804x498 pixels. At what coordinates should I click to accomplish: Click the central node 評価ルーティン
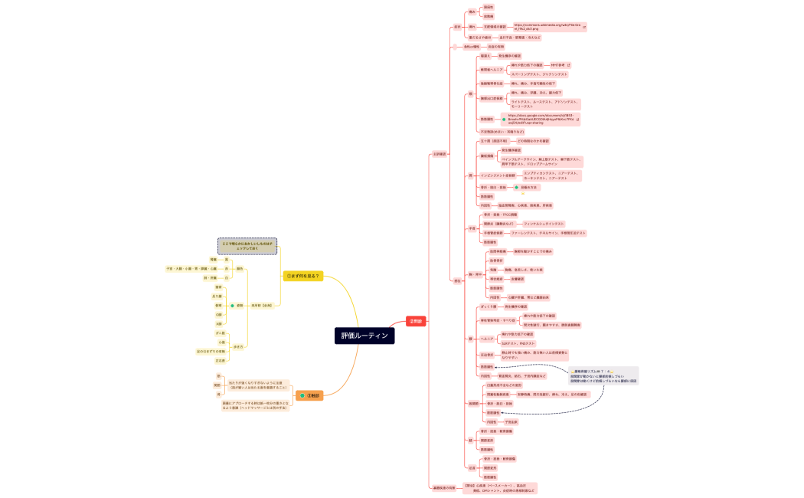point(364,336)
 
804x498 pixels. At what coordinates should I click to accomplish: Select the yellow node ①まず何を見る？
point(302,276)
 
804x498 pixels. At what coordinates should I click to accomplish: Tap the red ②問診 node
point(415,321)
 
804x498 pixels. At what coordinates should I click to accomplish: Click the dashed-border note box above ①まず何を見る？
point(247,246)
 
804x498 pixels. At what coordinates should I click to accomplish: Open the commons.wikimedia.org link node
point(545,27)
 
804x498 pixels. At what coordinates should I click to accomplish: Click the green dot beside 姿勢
point(232,305)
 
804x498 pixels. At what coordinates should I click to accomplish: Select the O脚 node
point(218,314)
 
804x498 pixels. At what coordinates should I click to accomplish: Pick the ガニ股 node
point(221,333)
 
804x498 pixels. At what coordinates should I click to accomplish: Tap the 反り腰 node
point(217,296)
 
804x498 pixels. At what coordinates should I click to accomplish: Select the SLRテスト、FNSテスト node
point(518,343)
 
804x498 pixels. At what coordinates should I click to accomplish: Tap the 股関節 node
point(472,403)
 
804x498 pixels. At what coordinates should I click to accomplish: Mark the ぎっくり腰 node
point(487,306)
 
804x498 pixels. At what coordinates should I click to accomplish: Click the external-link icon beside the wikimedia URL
point(584,27)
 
